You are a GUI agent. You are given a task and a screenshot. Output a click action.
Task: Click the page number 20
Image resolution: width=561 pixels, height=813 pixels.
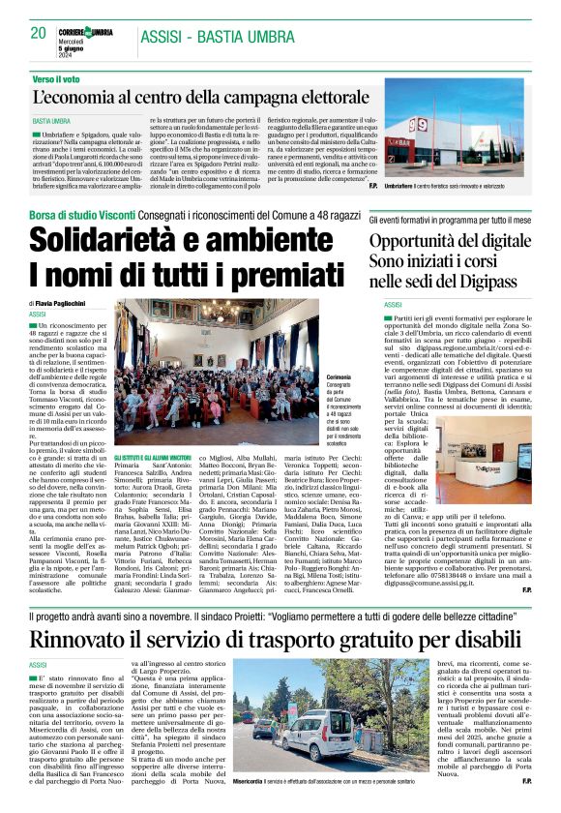39,33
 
